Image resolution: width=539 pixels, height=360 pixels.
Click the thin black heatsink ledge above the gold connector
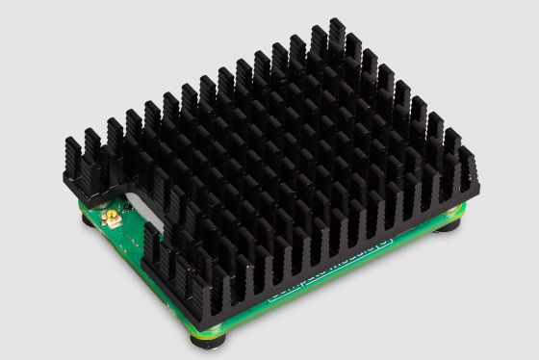115,189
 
